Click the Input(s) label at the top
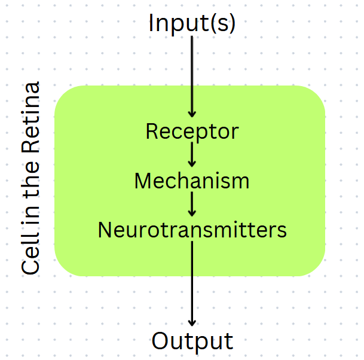click(x=192, y=23)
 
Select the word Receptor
click(x=192, y=132)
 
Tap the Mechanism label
click(x=192, y=181)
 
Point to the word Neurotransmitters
click(x=192, y=230)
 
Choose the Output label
click(x=192, y=341)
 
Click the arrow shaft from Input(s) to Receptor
click(x=192, y=72)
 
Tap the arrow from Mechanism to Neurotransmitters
click(x=192, y=204)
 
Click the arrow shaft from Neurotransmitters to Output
click(x=192, y=281)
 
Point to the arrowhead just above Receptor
click(x=192, y=113)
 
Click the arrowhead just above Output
click(x=192, y=321)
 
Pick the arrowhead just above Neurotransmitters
click(x=192, y=212)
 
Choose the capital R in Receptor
click(x=152, y=132)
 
